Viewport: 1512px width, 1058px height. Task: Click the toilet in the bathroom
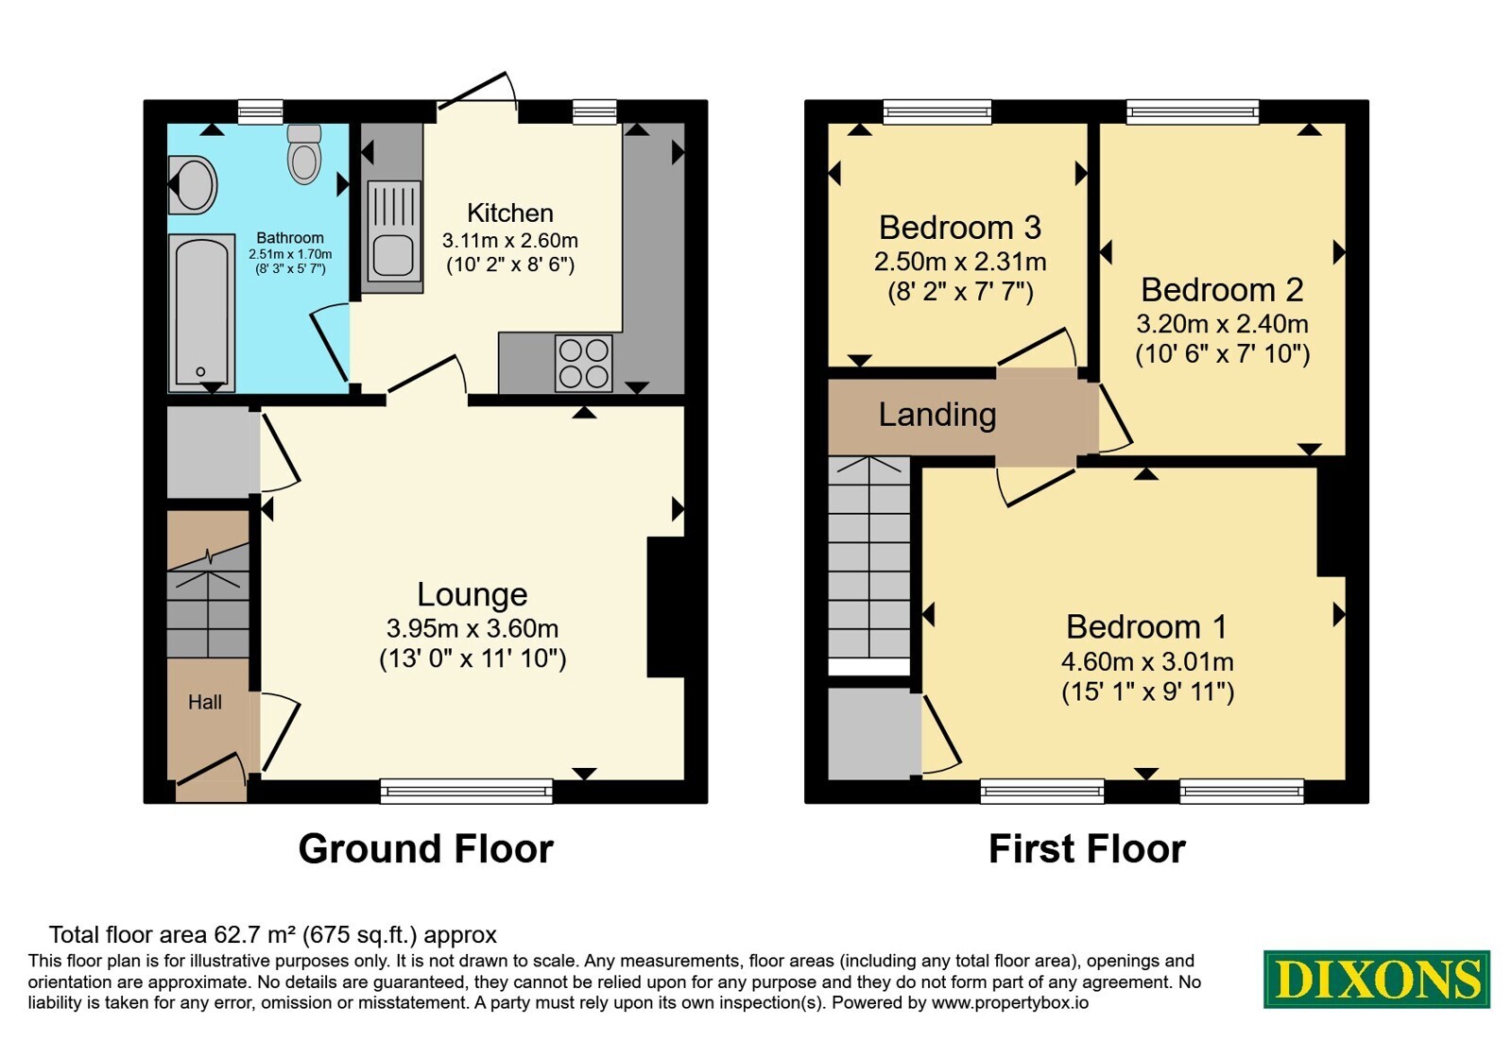[x=303, y=154]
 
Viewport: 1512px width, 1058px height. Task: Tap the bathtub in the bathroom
[x=202, y=313]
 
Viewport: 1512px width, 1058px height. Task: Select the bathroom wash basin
[x=193, y=184]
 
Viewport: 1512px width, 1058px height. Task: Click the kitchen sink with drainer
[x=393, y=230]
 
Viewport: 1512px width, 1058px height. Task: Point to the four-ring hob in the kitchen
[x=584, y=363]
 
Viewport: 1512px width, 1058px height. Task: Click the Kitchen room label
[x=510, y=213]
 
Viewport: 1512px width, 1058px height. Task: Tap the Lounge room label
[x=472, y=594]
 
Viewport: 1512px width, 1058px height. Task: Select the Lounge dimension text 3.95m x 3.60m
[x=472, y=629]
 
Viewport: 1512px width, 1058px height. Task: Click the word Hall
[x=204, y=703]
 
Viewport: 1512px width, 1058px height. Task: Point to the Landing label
[x=936, y=415]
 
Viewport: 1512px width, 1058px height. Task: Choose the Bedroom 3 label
[x=960, y=228]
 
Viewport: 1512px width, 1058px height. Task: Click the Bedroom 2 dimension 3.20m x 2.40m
[x=1223, y=324]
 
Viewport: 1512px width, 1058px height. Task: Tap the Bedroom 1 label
[x=1147, y=627]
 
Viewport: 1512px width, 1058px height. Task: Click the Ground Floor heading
[x=426, y=848]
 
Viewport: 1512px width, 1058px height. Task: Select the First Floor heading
[x=1087, y=848]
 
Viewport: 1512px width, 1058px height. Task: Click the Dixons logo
[x=1376, y=979]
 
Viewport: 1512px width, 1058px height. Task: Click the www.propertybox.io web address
[x=1010, y=1002]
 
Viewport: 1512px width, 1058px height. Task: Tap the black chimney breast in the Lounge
[x=666, y=606]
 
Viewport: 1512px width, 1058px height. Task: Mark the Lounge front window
[x=467, y=791]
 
